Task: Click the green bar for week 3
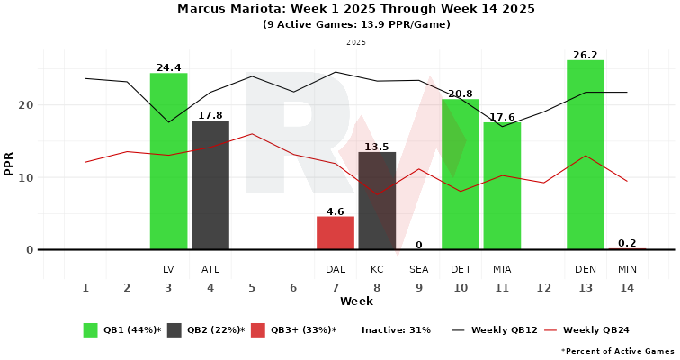tap(168, 162)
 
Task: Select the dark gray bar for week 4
tap(210, 185)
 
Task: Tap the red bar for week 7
tap(336, 233)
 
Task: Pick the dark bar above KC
tap(377, 201)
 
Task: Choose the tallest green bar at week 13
tap(586, 155)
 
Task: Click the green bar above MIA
tap(502, 186)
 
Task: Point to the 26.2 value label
tap(586, 55)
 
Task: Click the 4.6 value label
tap(336, 212)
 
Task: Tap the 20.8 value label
tap(461, 94)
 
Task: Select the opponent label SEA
tap(419, 269)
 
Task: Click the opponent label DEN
tap(586, 269)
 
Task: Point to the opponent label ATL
tap(210, 269)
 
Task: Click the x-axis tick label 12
tap(543, 288)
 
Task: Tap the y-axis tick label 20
tap(26, 105)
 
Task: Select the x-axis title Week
tap(356, 301)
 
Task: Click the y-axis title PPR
tap(10, 164)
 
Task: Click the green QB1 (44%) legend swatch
tap(91, 330)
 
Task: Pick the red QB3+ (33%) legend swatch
tap(257, 330)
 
